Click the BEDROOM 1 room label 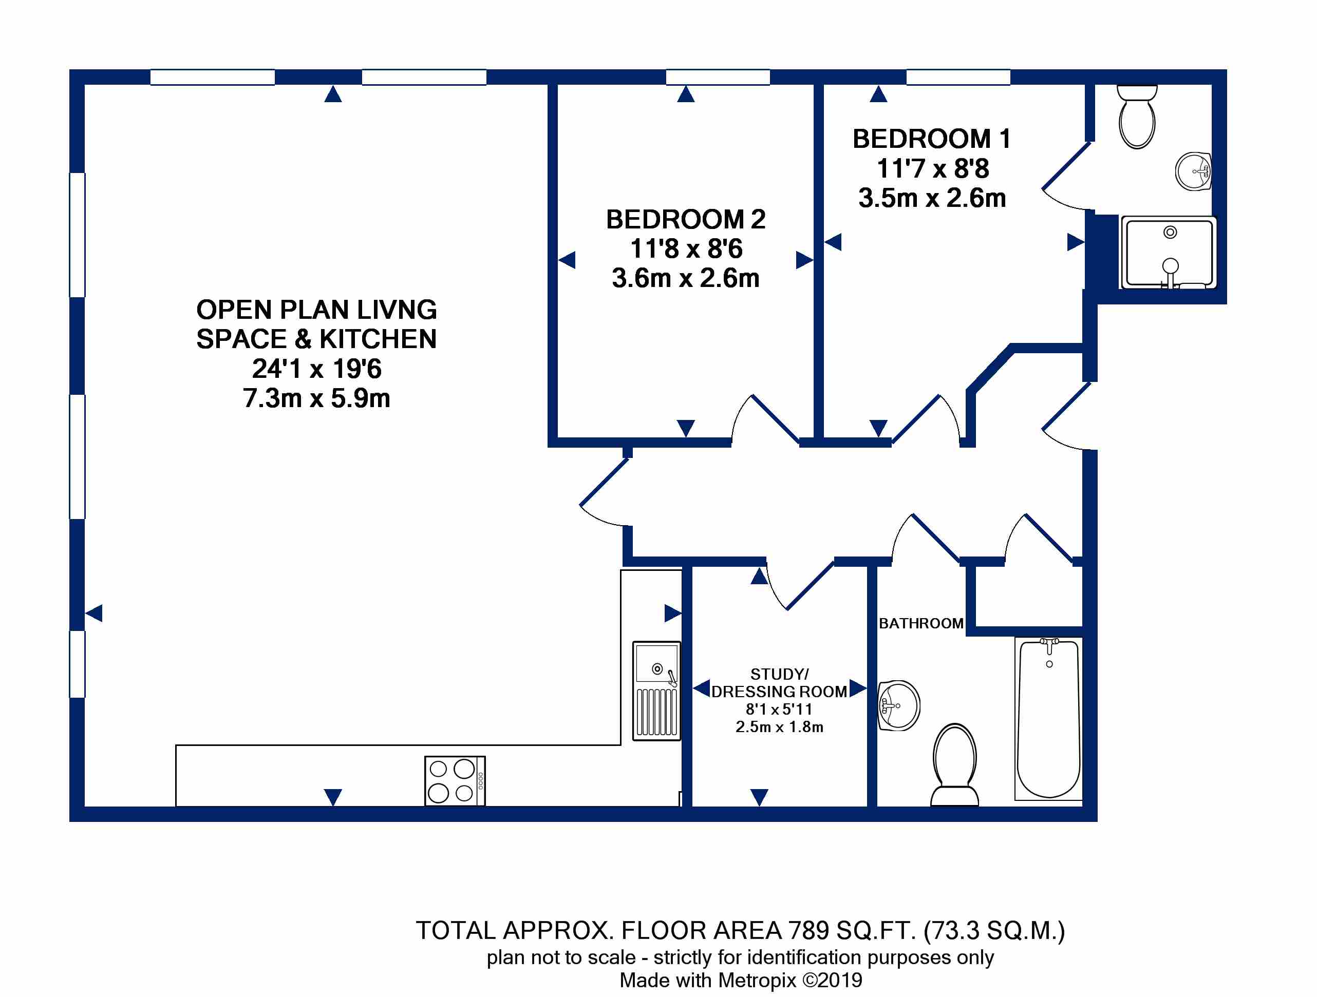coord(932,139)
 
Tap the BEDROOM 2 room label coord(686,219)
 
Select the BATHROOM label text coord(921,623)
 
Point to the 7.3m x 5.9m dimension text coord(317,398)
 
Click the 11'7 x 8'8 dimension coord(933,168)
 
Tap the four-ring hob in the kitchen coord(456,780)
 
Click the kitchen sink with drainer coord(656,691)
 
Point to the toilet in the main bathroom coord(955,765)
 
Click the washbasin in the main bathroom coord(899,706)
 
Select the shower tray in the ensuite coord(1169,253)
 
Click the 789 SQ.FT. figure coord(852,930)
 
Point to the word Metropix coord(757,981)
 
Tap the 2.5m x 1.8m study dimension coord(779,727)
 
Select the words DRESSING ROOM coord(779,692)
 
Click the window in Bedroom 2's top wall coord(718,77)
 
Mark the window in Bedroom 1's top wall coord(958,77)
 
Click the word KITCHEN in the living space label coord(378,339)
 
